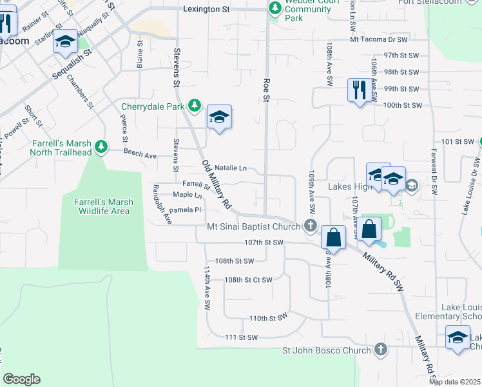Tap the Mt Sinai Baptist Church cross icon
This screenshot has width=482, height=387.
(311, 226)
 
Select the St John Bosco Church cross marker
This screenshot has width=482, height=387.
(381, 350)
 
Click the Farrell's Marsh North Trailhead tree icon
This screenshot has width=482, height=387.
(101, 147)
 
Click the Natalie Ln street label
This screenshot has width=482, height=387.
(230, 168)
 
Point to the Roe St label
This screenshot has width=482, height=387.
(265, 90)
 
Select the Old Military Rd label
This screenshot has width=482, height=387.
(217, 184)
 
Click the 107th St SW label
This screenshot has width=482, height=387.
(264, 243)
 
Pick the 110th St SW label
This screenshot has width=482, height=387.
(267, 319)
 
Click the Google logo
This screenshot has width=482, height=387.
(21, 379)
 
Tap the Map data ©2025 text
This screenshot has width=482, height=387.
(455, 382)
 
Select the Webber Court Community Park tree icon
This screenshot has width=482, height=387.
(275, 8)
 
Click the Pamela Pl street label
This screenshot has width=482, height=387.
(187, 210)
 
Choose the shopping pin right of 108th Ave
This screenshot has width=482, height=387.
(369, 230)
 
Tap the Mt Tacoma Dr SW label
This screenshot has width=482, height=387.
(379, 40)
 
